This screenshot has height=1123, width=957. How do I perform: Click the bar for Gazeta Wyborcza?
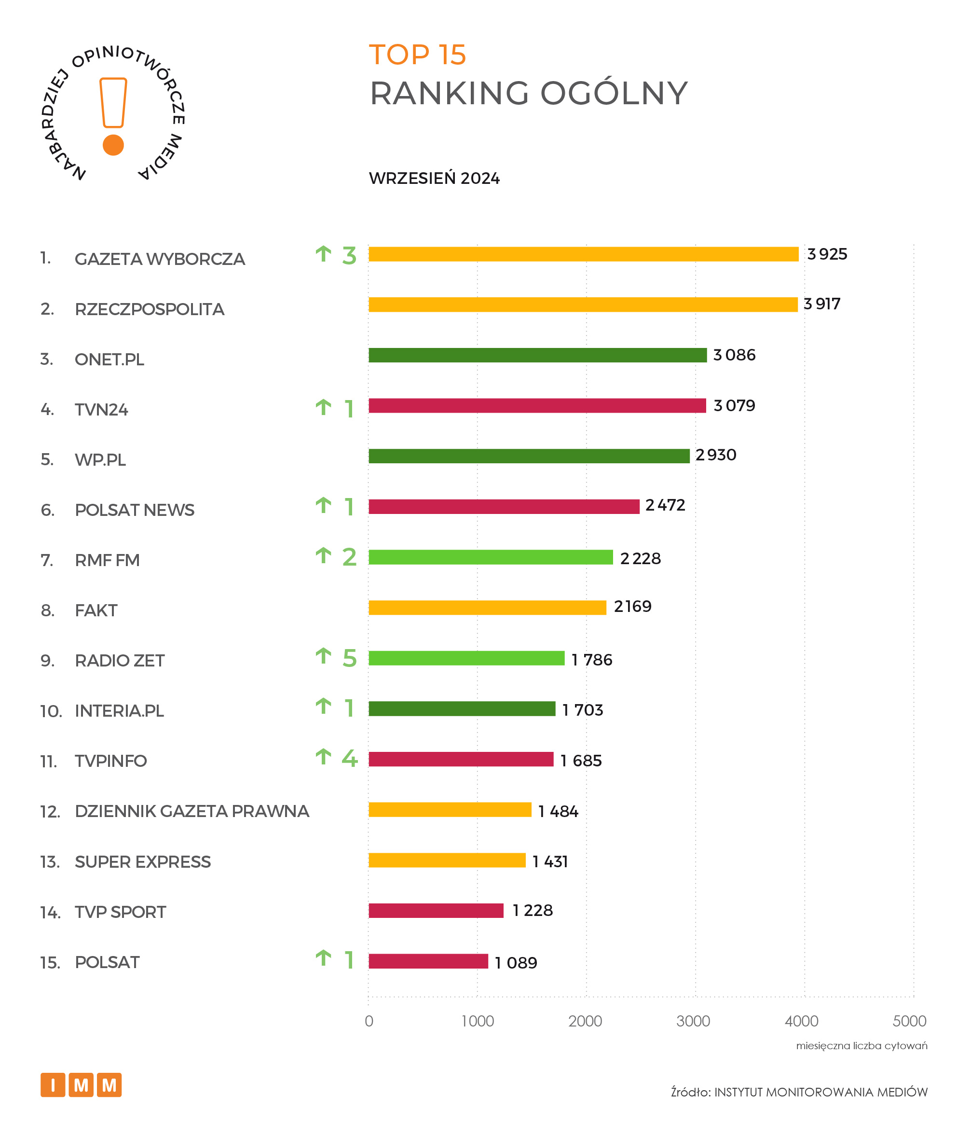coord(583,254)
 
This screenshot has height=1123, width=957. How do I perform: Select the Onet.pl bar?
coord(537,355)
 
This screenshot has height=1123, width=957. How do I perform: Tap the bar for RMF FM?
coord(490,557)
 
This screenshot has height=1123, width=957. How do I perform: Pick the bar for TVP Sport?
coord(436,911)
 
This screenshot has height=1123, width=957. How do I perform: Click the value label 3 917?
coord(821,304)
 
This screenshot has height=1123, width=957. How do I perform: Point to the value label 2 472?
coord(665,505)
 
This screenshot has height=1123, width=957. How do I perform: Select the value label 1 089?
coord(515,963)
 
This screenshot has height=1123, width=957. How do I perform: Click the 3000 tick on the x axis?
coord(693,1021)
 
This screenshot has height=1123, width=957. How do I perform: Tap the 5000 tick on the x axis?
coord(909,1021)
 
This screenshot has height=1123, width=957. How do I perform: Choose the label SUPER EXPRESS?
coord(142,862)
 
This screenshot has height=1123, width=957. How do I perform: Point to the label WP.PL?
coord(100,459)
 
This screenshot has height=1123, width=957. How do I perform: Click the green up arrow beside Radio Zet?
coord(323,656)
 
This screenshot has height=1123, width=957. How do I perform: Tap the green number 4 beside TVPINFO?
coord(349,758)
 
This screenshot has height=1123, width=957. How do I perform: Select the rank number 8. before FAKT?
coord(47,610)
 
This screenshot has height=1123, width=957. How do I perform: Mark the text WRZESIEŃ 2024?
coord(434,178)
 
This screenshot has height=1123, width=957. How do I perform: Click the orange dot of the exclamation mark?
coord(113,145)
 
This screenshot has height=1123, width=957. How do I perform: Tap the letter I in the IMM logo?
coord(53,1085)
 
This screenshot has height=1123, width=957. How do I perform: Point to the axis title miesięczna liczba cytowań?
coord(861,1045)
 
